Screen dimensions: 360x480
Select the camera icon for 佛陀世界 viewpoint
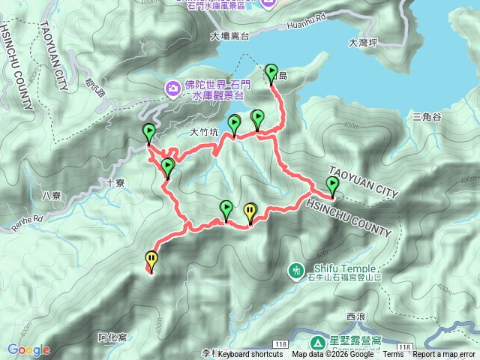173,88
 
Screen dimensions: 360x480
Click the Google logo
28,349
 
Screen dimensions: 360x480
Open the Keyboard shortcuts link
250,355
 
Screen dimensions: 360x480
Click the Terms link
392,355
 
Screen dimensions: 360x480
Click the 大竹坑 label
204,132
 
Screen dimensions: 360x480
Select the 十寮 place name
115,181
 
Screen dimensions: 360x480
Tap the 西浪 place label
355,317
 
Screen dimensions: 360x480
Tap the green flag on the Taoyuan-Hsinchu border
332,186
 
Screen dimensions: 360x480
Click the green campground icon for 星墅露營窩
318,343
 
